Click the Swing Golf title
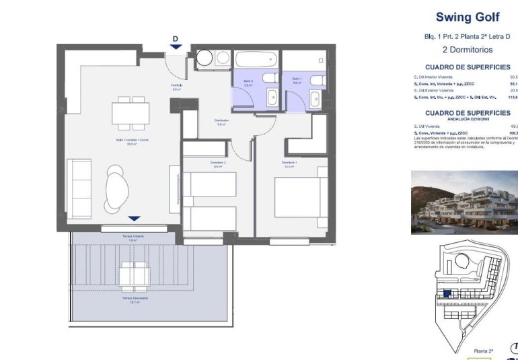467,17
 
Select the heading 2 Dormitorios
467,50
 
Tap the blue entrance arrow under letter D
175,46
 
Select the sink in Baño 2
272,98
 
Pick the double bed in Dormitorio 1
301,196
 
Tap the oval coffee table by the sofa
118,188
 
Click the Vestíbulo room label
177,86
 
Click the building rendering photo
464,202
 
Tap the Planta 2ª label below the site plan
484,351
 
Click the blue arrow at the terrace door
134,219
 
